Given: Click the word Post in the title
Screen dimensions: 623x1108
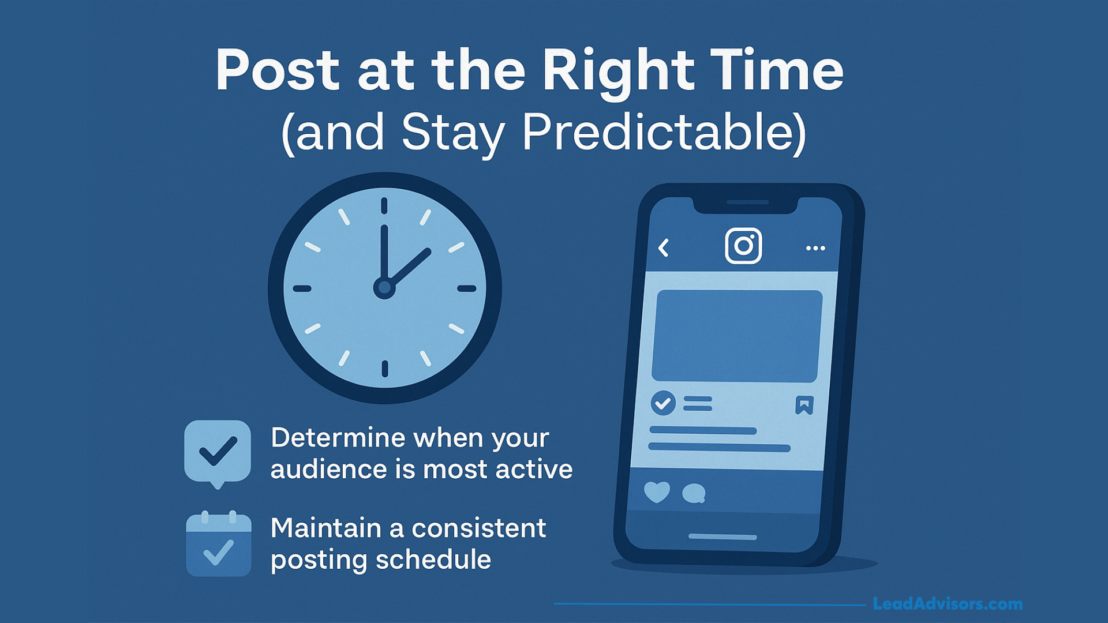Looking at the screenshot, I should coord(278,70).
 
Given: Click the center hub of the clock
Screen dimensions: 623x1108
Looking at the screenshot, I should coord(384,287).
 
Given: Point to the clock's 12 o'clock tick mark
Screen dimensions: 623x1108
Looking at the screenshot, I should coord(384,206).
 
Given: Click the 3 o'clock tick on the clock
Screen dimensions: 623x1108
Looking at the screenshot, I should coord(467,288).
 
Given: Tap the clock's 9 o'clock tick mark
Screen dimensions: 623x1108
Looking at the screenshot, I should coord(302,288).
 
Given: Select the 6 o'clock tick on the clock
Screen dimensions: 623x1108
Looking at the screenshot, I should coord(385,369).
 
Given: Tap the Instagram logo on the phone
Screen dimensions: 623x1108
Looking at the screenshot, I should coord(743,246).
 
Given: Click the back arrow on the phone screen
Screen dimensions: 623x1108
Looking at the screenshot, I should coord(664,248).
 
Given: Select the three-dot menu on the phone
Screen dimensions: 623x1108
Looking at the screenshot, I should coord(815,248).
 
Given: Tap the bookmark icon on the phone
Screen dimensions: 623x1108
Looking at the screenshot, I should coord(804,405).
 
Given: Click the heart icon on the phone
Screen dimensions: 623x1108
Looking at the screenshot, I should coord(657,492).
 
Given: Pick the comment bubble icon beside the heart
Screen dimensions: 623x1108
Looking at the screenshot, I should coord(694,493).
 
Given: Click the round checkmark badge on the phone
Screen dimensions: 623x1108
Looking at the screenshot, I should coord(664,403).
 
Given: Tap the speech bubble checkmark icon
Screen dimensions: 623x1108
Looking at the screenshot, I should coord(218,452).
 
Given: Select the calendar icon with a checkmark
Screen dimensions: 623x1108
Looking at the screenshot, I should coord(219,545).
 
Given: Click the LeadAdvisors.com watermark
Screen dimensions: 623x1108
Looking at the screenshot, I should coord(948,604).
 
